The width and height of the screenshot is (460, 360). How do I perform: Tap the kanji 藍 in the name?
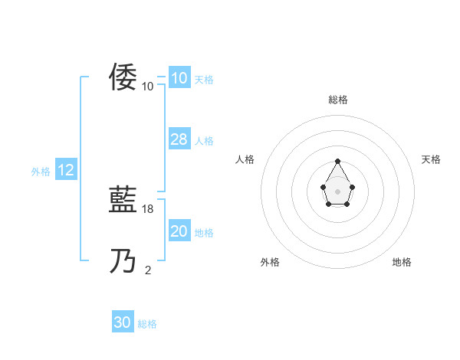[123, 201]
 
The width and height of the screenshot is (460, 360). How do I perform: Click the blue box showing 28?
[179, 139]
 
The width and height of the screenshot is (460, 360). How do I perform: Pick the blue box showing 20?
[179, 231]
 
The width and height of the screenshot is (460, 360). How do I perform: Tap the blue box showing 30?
[122, 322]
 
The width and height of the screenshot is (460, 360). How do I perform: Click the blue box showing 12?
[66, 170]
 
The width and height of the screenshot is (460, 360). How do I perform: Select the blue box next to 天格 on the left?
[179, 78]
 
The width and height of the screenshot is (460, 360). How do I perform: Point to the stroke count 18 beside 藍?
[149, 208]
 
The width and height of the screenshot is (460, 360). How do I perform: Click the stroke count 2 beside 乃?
[148, 270]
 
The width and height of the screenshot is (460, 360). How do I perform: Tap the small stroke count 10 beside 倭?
[148, 86]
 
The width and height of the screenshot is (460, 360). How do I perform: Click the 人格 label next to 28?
[204, 141]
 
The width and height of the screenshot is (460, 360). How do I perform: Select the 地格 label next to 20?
[204, 233]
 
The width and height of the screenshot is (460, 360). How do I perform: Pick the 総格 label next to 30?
[147, 325]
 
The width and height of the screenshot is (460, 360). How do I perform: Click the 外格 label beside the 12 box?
[41, 172]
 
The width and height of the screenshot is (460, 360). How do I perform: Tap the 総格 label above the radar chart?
[337, 100]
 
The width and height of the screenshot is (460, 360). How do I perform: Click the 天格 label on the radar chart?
[431, 159]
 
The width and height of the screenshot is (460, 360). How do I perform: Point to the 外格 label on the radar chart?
[270, 262]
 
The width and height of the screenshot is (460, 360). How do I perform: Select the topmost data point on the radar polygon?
[337, 161]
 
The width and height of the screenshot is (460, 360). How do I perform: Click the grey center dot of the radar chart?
[337, 191]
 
